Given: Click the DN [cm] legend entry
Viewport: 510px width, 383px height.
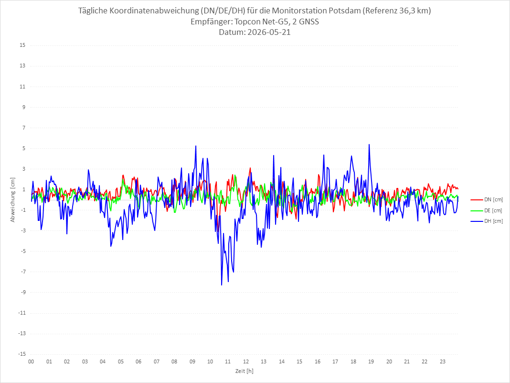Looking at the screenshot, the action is click(x=487, y=200).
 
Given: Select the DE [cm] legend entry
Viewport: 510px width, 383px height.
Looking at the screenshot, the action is click(x=487, y=210).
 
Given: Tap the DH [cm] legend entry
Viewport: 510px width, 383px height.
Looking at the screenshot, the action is click(x=487, y=221).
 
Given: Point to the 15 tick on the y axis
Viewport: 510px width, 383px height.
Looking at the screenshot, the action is click(x=22, y=45).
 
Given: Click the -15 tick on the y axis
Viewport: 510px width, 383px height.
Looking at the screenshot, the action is click(x=22, y=354).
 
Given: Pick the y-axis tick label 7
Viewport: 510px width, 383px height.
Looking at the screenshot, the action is click(x=24, y=128).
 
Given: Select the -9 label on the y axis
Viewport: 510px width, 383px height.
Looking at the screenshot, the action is click(x=23, y=292).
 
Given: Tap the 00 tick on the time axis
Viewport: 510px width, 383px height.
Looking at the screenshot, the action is click(x=31, y=361).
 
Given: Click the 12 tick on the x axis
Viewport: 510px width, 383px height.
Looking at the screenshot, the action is click(x=246, y=361).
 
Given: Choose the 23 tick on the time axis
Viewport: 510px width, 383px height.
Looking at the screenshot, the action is click(x=443, y=361).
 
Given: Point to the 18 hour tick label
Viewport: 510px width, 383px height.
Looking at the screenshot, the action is click(x=353, y=361).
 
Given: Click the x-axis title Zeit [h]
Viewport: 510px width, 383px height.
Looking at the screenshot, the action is click(x=244, y=371).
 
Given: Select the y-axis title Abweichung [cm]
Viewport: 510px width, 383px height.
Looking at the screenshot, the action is click(x=13, y=200).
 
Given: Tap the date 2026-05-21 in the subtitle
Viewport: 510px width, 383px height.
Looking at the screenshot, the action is click(x=269, y=32).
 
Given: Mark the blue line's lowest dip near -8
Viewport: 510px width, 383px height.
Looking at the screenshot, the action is click(x=222, y=285).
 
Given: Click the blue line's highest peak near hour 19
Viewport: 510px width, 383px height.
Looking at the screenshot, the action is click(x=369, y=144).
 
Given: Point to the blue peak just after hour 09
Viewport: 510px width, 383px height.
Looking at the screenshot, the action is click(x=195, y=146).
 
